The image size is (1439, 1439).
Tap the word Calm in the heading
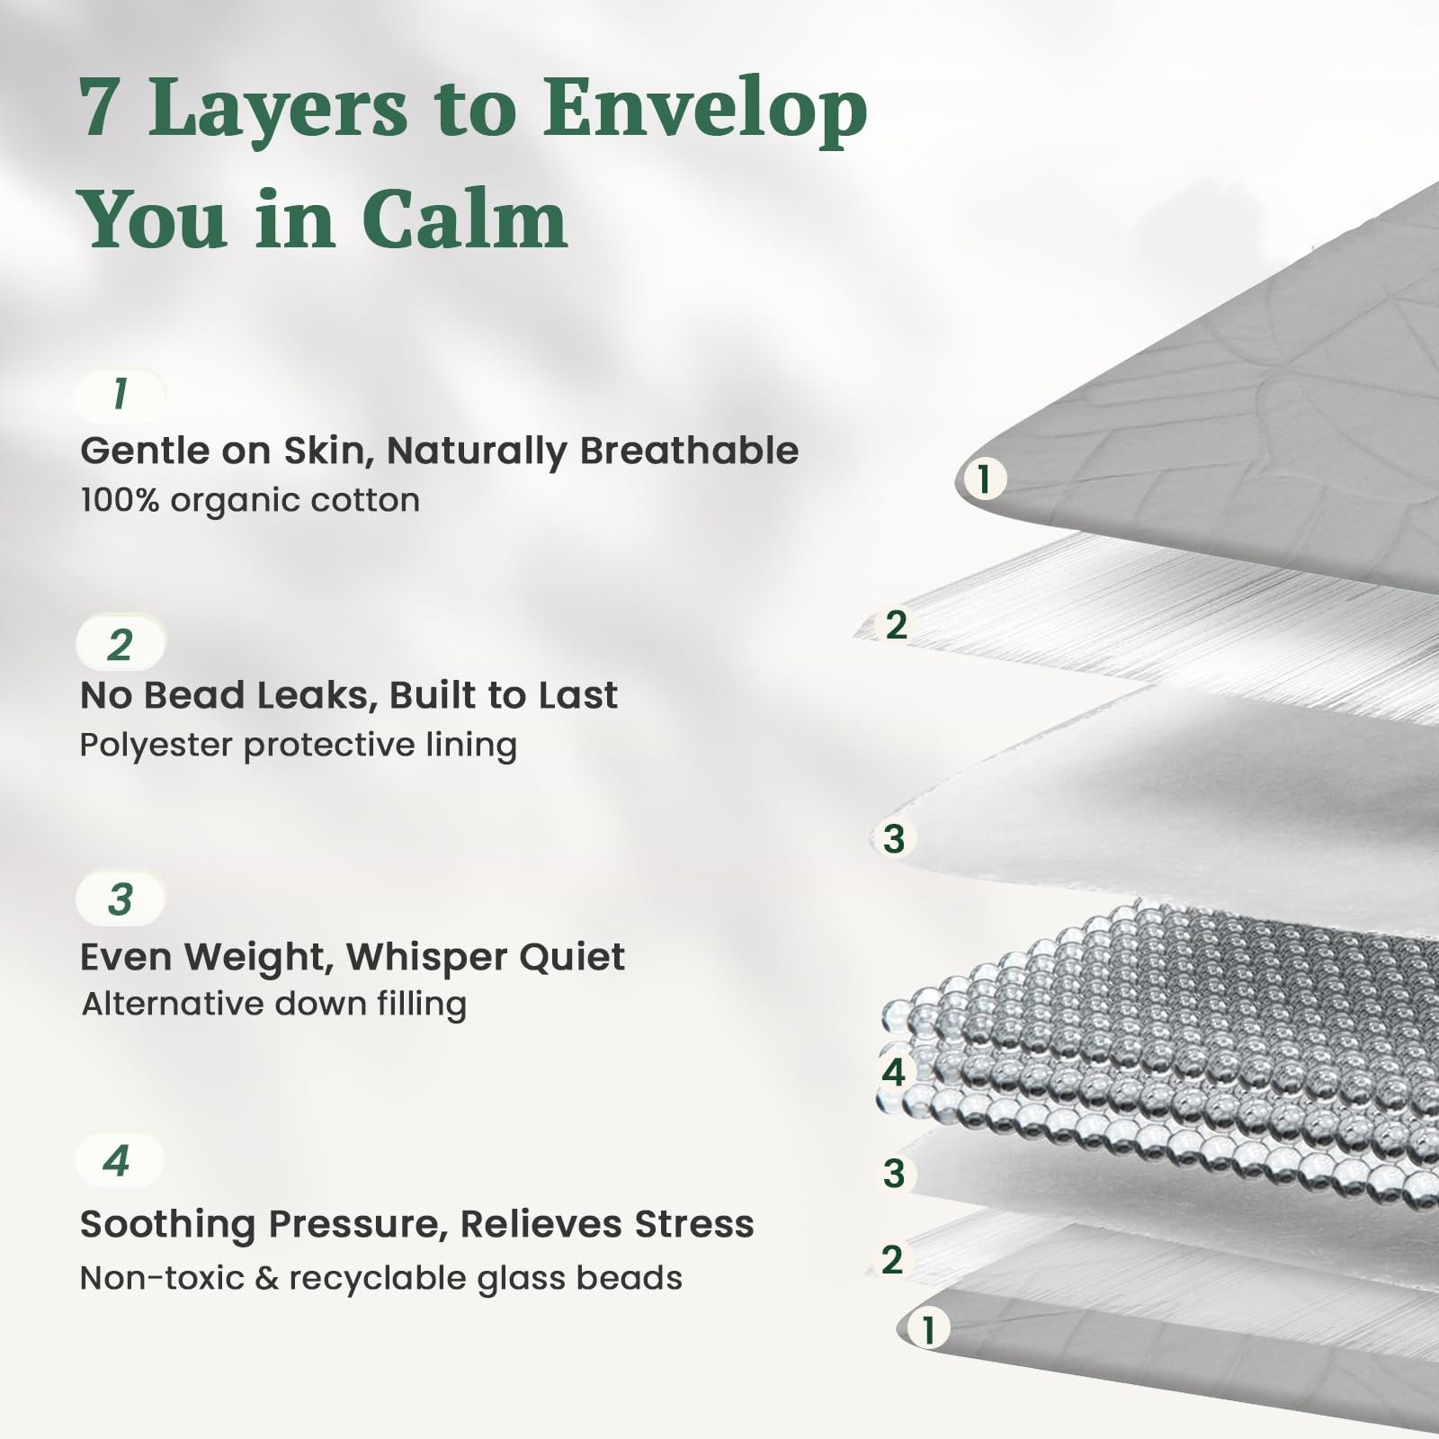tap(465, 219)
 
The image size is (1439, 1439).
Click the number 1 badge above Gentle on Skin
tap(121, 395)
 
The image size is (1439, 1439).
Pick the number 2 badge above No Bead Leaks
tap(121, 644)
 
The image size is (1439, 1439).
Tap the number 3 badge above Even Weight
tap(121, 898)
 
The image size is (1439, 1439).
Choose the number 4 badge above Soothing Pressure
tap(119, 1159)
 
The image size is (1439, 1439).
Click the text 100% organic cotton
tap(250, 500)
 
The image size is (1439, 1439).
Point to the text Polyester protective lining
tap(299, 746)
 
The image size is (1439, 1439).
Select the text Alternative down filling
tap(274, 1004)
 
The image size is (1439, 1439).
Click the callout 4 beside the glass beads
tap(893, 1072)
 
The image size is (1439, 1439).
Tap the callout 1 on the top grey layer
tap(983, 478)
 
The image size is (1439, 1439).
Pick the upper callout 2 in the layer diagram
tap(896, 624)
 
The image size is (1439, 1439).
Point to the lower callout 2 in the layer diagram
tap(891, 1259)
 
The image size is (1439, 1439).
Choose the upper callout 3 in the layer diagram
tap(893, 838)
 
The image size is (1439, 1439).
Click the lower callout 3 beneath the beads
tap(893, 1173)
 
